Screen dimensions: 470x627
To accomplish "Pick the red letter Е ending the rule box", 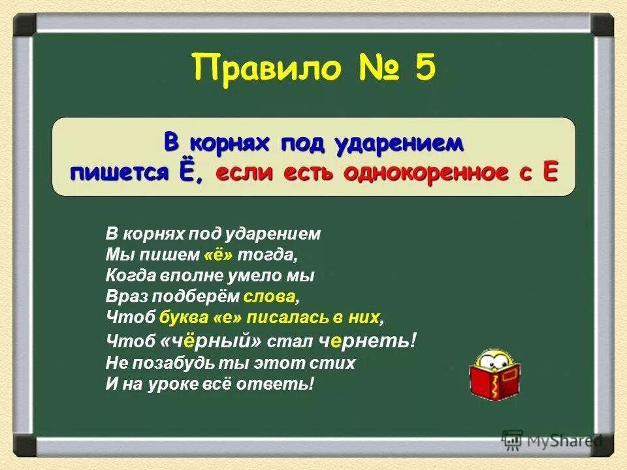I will click(550, 173).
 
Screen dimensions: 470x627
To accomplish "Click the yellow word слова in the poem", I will click(270, 296).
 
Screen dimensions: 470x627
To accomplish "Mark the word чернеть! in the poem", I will click(368, 340).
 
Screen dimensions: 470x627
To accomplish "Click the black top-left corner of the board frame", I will click(25, 25).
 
